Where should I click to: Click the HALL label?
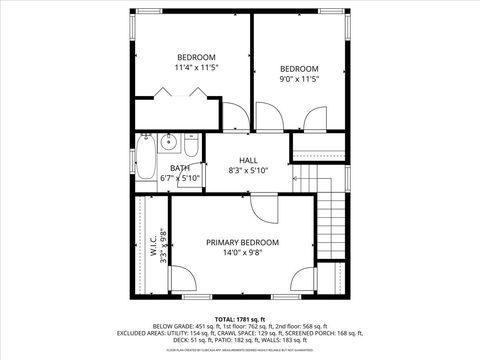[249, 160]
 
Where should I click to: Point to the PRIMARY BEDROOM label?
[242, 242]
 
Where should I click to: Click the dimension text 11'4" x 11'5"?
[195, 67]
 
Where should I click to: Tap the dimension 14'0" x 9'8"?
[242, 253]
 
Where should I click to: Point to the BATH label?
[180, 168]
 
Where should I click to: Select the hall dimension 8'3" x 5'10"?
[249, 171]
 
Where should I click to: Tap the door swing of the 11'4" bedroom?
[231, 116]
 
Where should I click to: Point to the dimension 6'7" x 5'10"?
[180, 178]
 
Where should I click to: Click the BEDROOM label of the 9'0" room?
[298, 69]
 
